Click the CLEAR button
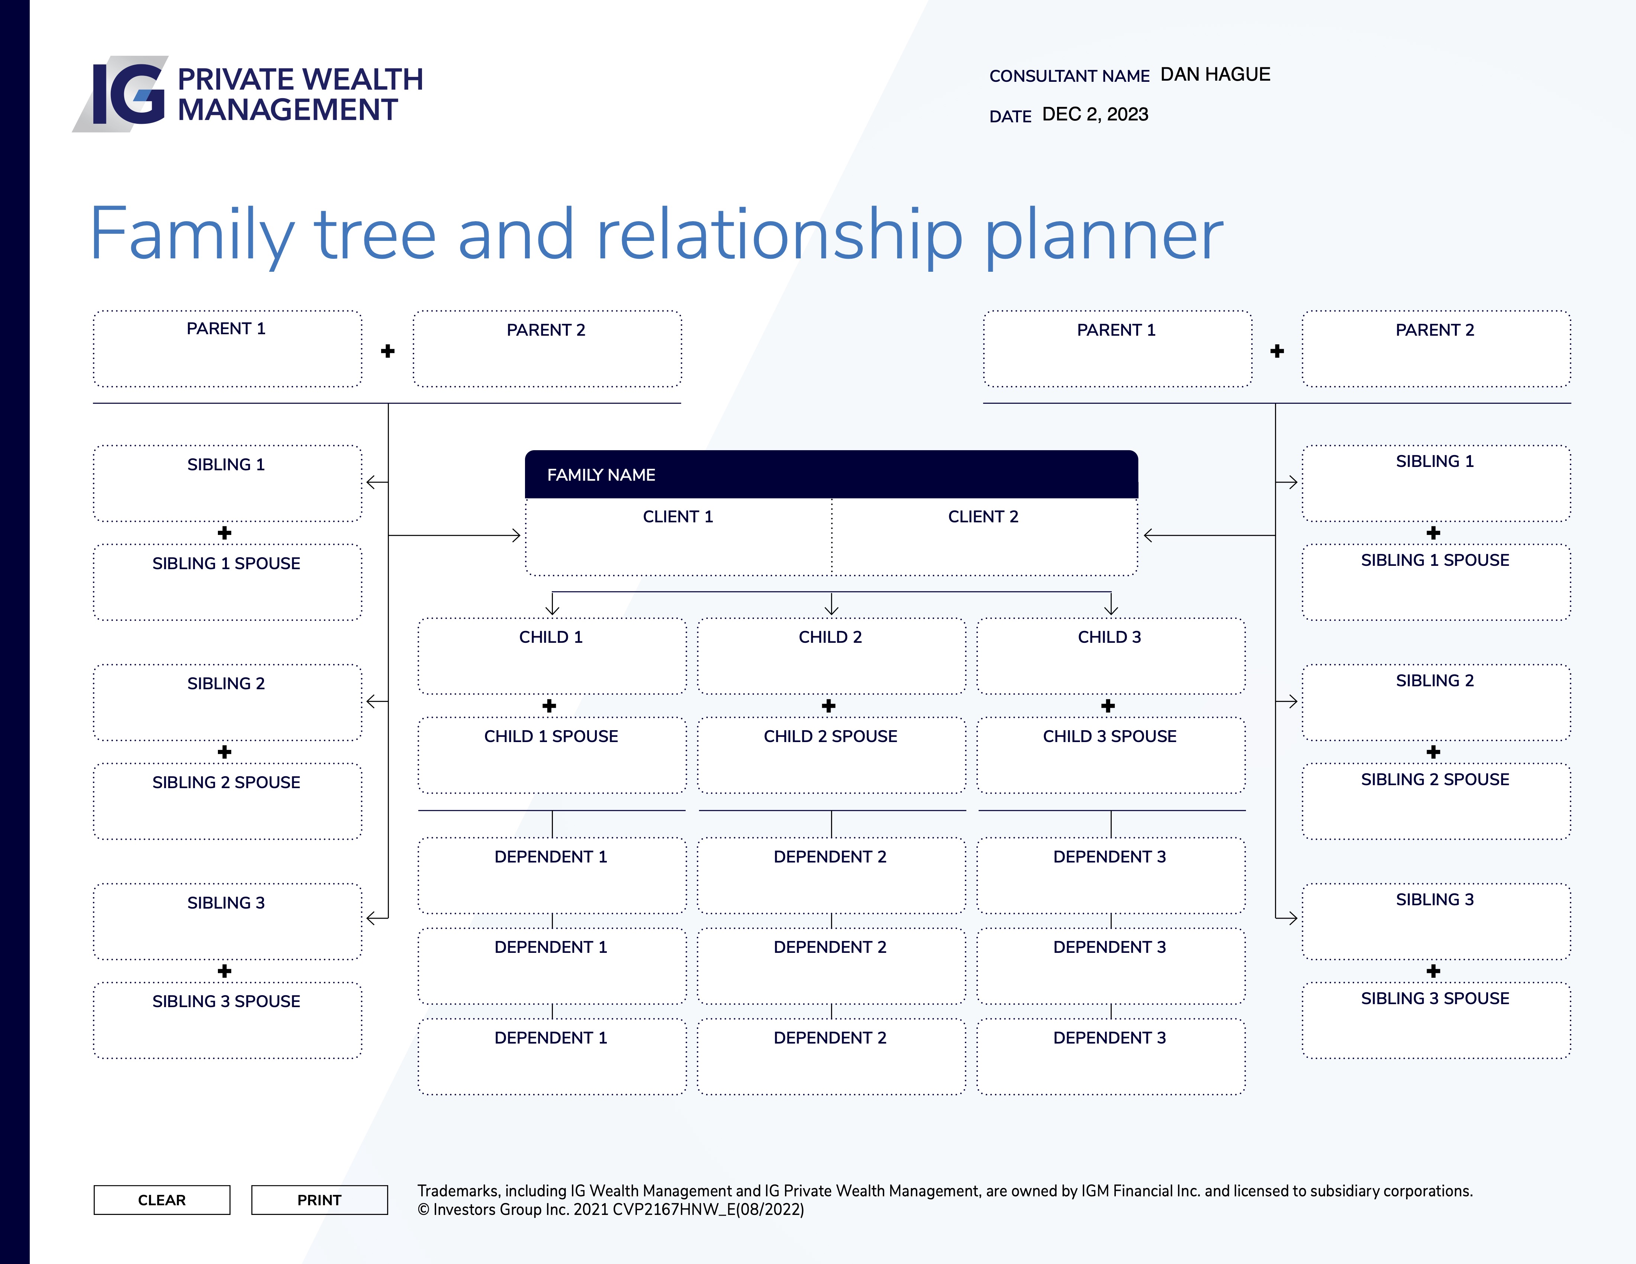coord(162,1200)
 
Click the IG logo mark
coord(120,94)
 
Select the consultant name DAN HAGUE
coord(1215,74)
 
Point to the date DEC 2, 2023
coord(1095,115)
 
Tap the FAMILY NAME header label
coord(601,475)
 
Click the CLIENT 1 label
coord(678,517)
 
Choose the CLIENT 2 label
coord(983,517)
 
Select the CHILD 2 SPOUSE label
coord(830,736)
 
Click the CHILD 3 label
coord(1110,637)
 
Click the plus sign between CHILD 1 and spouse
coord(549,706)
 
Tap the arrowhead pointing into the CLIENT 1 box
coord(516,535)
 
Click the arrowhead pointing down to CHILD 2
coord(831,610)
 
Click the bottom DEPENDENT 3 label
coord(1110,1038)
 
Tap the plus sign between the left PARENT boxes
coord(387,351)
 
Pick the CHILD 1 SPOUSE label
coord(551,736)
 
